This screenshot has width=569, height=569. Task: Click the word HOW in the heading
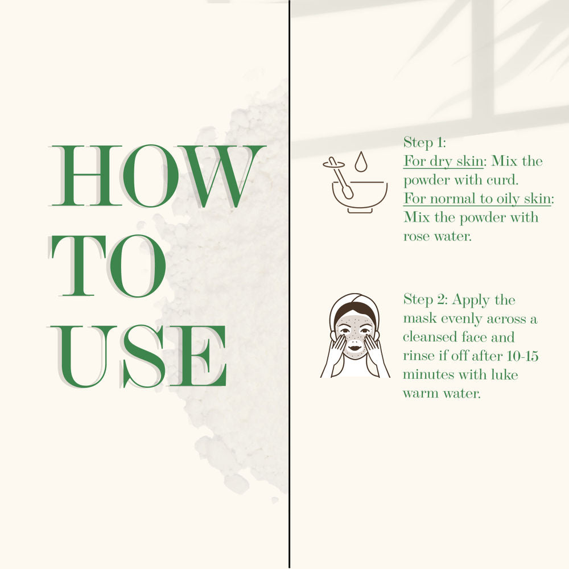coord(157,176)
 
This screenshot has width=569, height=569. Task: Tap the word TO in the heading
coord(108,266)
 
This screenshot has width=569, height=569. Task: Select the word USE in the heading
coord(137,356)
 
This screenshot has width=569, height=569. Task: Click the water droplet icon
coord(361,161)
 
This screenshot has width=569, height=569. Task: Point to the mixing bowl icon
coord(360,196)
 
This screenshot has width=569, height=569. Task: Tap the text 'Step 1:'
coord(424,143)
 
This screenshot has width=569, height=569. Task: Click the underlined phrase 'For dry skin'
coord(443,161)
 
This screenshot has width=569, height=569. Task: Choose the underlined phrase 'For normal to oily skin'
coord(477,199)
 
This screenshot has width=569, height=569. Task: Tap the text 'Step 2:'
coord(426,300)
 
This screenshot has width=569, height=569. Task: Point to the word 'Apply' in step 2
coord(471,301)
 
